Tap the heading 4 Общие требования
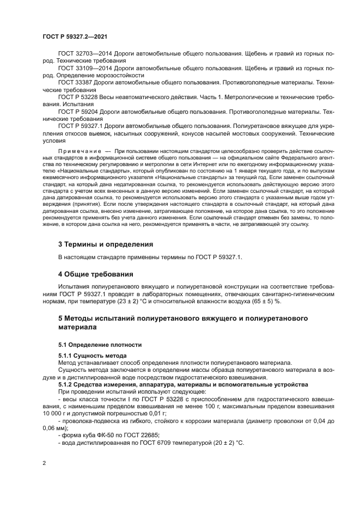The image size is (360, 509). click(96, 274)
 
